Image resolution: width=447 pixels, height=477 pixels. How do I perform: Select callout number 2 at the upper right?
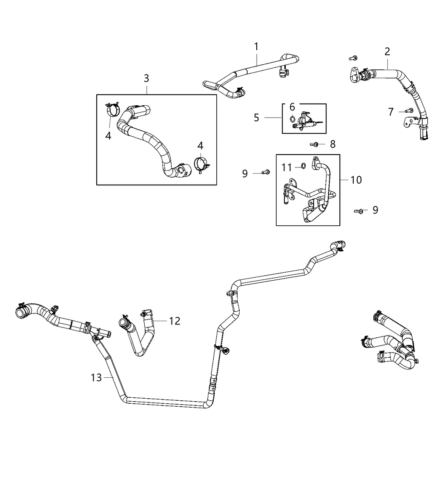[387, 52]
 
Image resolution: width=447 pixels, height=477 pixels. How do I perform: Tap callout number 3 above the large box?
[146, 78]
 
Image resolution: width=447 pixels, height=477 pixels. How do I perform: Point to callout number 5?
[256, 118]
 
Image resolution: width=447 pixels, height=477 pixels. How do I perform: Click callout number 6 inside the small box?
[292, 107]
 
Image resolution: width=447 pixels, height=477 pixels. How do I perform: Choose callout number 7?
[391, 112]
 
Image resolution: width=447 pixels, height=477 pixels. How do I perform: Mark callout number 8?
[333, 144]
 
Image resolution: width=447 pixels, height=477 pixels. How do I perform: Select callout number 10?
[356, 180]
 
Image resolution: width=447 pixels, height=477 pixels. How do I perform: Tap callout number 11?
[287, 168]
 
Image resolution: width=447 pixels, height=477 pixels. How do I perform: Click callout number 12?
[175, 321]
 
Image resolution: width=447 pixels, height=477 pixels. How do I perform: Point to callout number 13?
[96, 377]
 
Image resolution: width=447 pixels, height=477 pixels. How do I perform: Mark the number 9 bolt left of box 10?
[266, 172]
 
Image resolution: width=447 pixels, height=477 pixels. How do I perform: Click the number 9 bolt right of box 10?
[360, 210]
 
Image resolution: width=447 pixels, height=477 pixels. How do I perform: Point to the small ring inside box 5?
[292, 119]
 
